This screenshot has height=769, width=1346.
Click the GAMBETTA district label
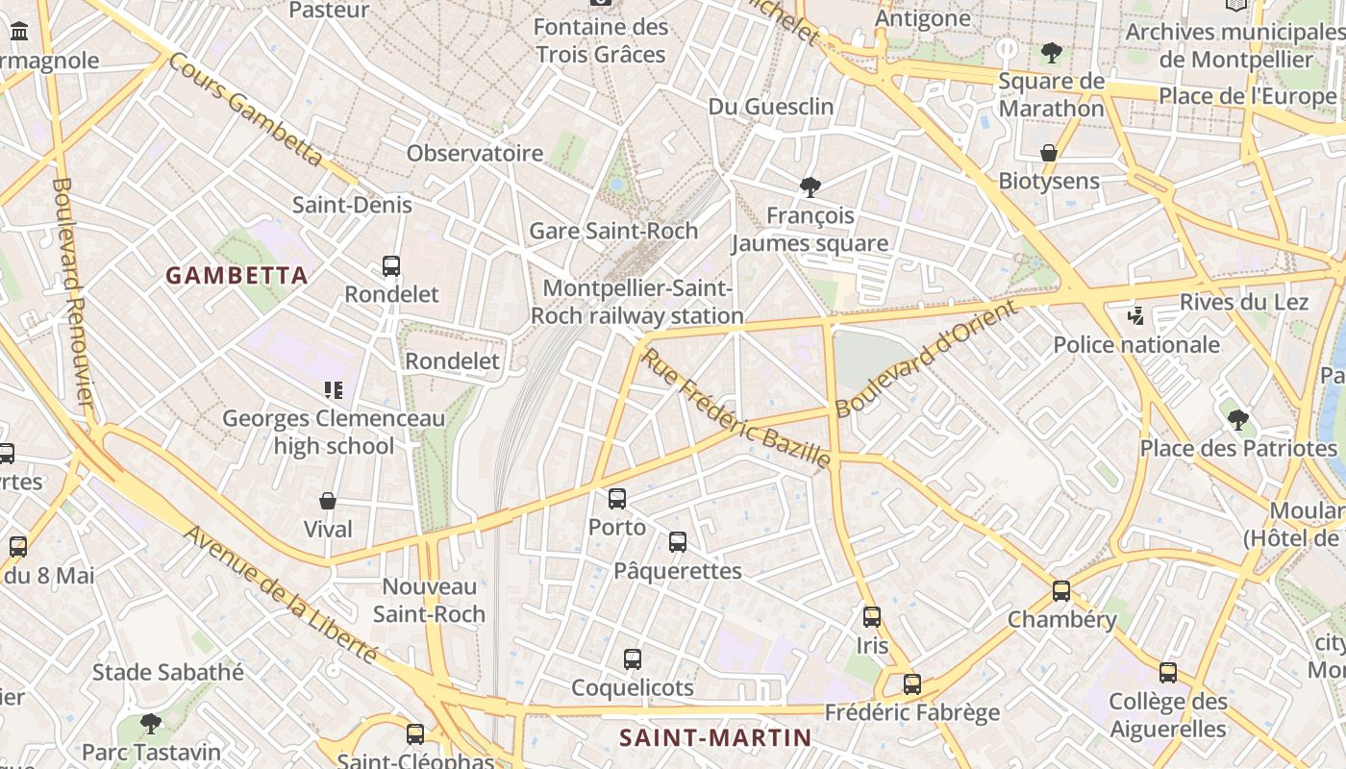tap(237, 276)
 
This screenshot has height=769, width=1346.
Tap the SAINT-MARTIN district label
tap(715, 737)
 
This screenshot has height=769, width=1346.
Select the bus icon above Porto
tap(617, 499)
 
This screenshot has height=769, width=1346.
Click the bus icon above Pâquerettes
tap(678, 542)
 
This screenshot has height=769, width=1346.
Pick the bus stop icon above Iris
tap(872, 617)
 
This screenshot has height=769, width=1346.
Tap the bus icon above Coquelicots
tap(632, 659)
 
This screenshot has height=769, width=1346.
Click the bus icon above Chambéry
tap(1061, 591)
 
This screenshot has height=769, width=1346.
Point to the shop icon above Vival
tap(328, 501)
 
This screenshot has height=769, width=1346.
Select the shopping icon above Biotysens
tap(1049, 153)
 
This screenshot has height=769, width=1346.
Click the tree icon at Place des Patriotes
tap(1238, 419)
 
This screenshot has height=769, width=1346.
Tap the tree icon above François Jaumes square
tap(810, 186)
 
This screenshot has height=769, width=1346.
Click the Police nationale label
tap(1136, 345)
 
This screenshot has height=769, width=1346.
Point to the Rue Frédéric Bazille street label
tap(736, 409)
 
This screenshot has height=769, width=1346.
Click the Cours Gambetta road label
tap(246, 109)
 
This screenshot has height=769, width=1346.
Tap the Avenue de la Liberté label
tap(280, 595)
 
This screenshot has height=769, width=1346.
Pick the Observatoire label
tap(475, 153)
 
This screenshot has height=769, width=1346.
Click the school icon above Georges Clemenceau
tap(334, 390)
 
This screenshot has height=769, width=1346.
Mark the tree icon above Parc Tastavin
tap(151, 723)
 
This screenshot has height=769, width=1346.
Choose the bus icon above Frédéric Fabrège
tap(912, 684)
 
